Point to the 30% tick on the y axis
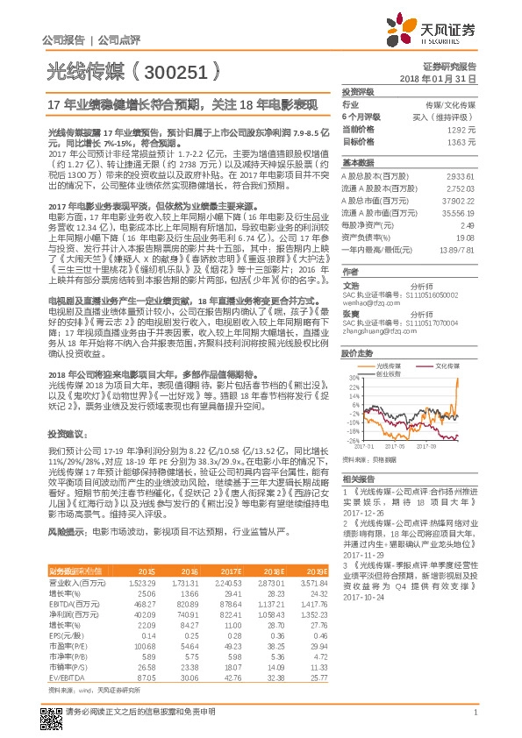[354, 379]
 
